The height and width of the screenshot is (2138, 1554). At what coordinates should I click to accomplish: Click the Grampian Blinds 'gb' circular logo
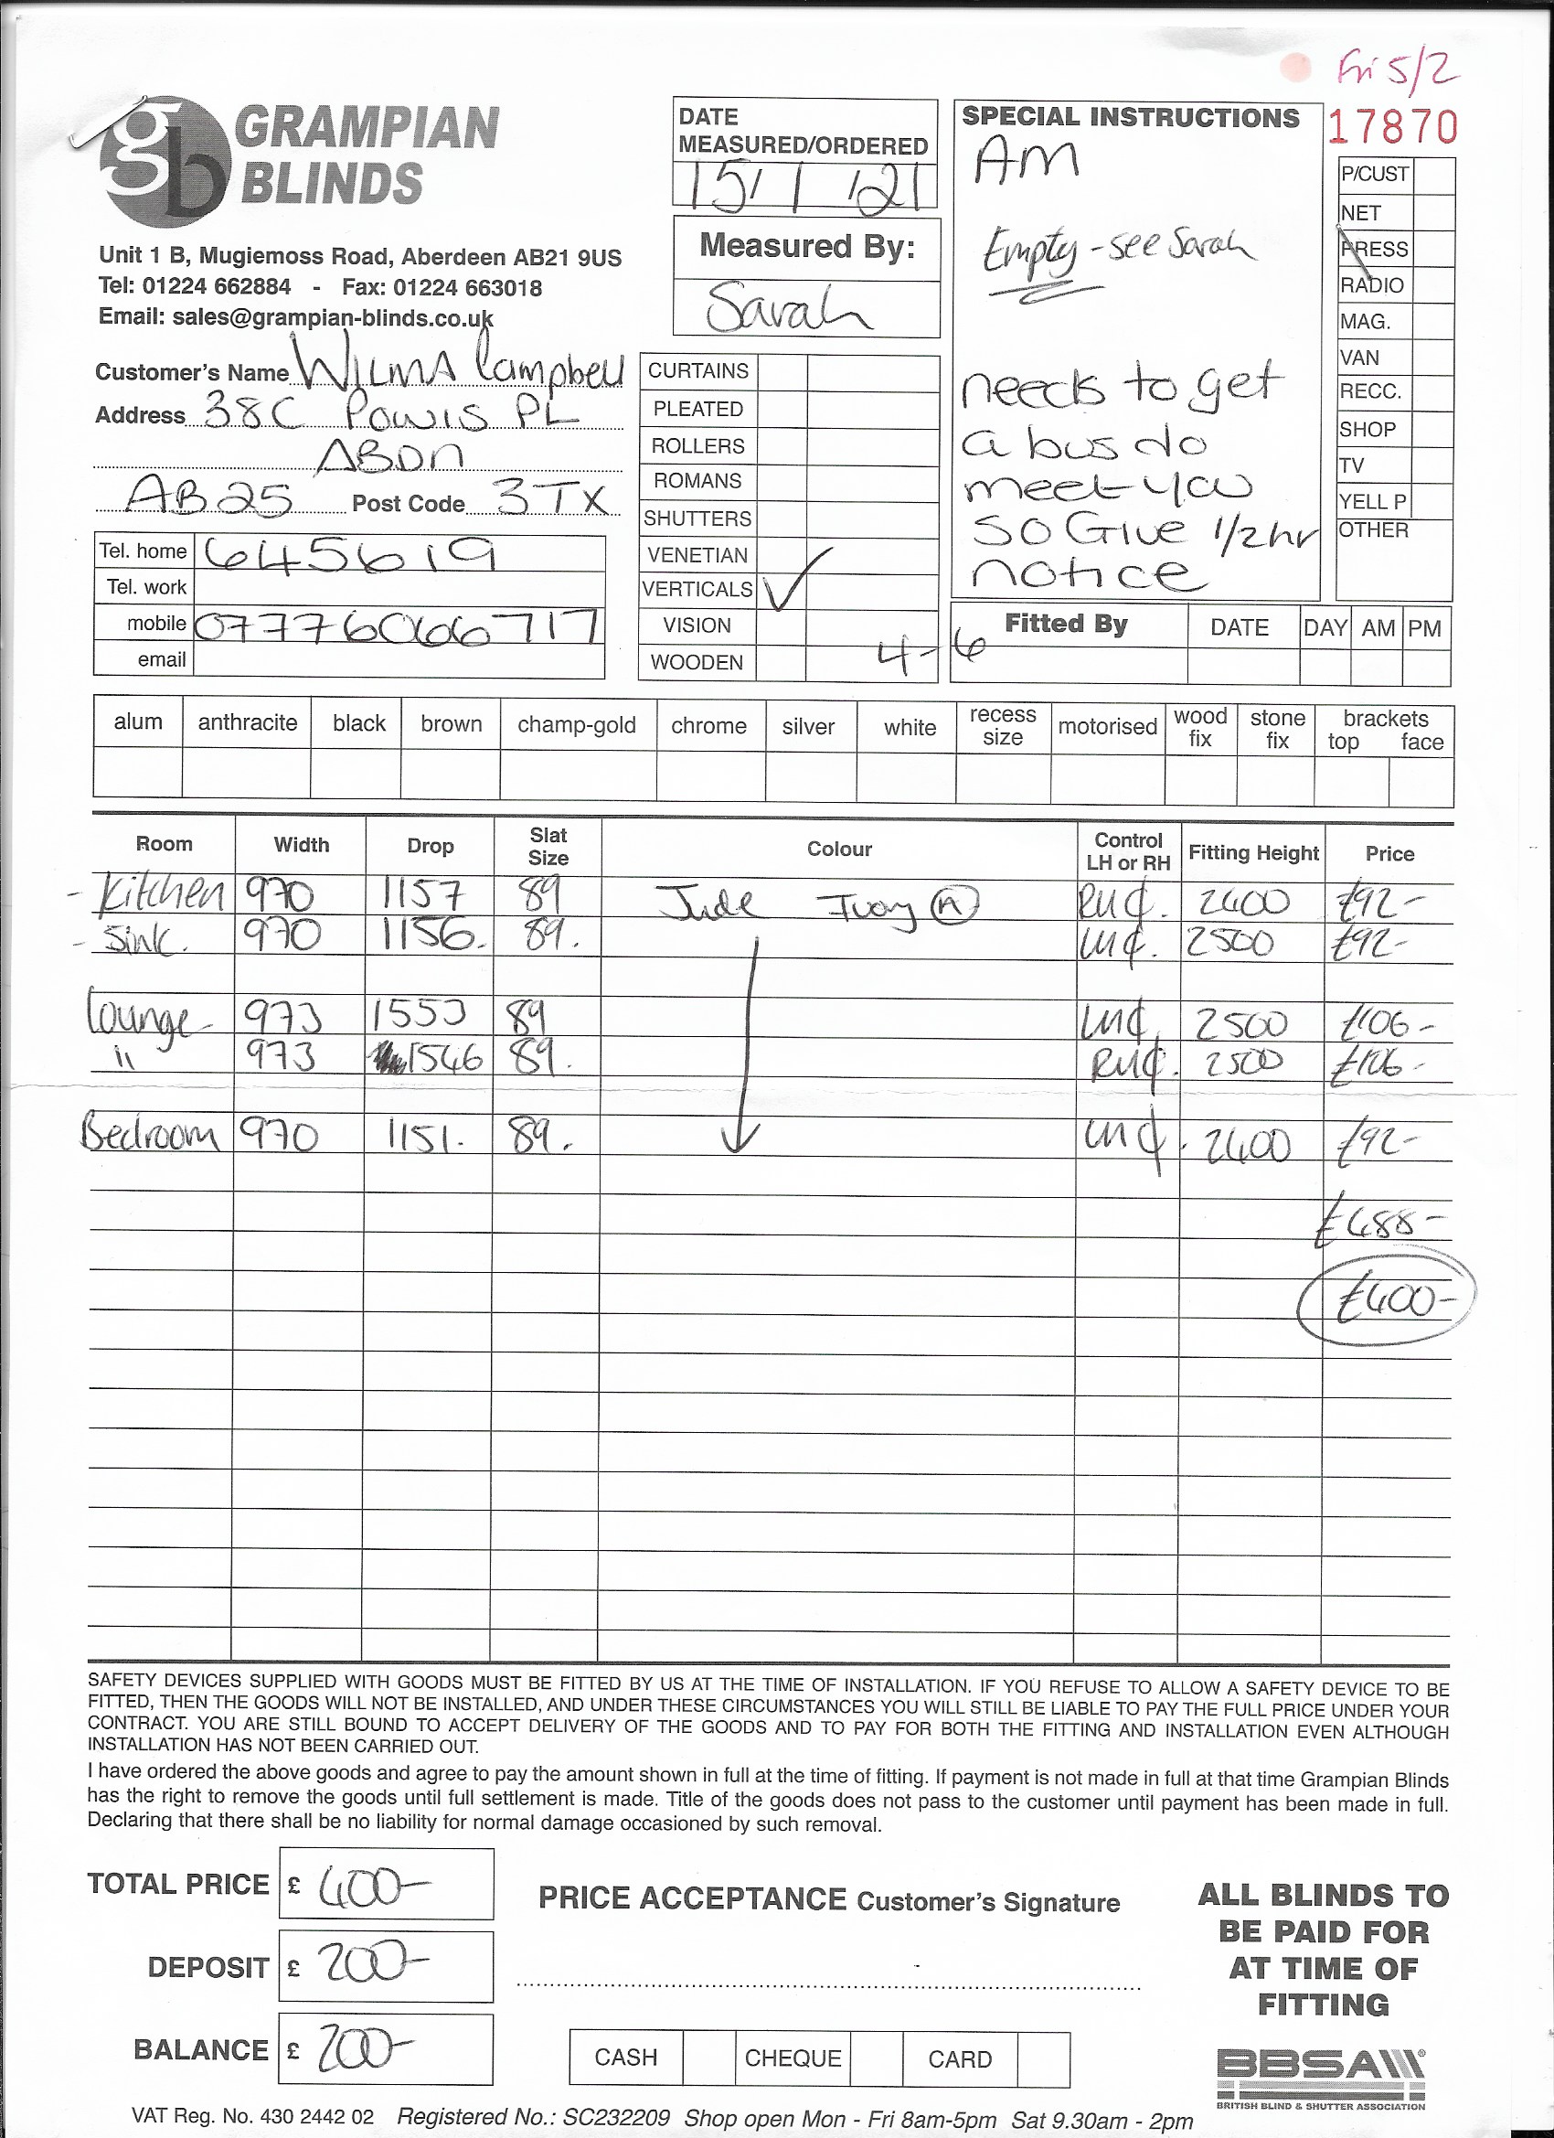[x=164, y=161]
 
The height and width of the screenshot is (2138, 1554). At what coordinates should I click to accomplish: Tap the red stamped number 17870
[x=1392, y=127]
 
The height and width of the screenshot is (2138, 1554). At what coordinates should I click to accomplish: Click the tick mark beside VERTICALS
[x=793, y=578]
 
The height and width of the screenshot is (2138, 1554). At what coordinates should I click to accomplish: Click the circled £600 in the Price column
[x=1385, y=1303]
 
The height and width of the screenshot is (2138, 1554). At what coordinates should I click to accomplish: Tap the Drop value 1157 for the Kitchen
[x=422, y=893]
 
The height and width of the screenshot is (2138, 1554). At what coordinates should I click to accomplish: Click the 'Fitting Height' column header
[x=1252, y=853]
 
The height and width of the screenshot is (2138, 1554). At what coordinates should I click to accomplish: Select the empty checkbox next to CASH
[x=708, y=2058]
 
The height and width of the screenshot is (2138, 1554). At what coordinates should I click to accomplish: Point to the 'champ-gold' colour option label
[x=577, y=725]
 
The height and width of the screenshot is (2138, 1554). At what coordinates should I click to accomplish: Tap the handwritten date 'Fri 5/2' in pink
[x=1399, y=69]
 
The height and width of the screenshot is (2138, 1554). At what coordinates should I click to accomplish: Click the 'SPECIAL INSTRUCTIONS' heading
[x=1130, y=118]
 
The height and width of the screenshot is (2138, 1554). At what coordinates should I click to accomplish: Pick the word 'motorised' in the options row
[x=1107, y=726]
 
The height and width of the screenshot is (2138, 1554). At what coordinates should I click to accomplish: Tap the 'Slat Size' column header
[x=548, y=846]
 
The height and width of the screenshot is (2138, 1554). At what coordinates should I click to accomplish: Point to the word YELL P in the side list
[x=1372, y=501]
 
